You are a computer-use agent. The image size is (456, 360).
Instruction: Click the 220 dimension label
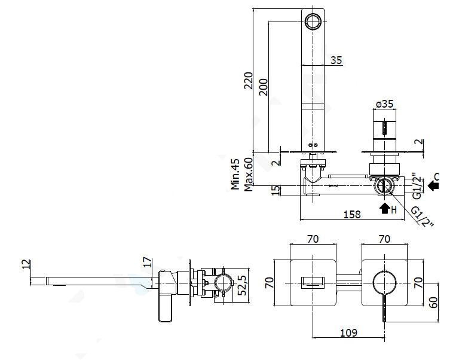(x=249, y=81)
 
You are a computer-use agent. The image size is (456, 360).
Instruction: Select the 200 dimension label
(x=264, y=87)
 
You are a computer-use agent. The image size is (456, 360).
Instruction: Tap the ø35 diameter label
(x=384, y=104)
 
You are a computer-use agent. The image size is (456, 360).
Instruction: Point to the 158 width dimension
(x=352, y=215)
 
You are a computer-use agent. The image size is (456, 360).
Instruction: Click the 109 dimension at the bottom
(x=348, y=332)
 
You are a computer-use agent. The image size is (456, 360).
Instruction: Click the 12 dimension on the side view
(x=26, y=264)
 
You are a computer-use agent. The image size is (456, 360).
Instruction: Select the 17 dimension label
(x=148, y=262)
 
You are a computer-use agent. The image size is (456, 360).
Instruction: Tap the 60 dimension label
(x=433, y=303)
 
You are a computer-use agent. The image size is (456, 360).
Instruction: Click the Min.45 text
(x=235, y=174)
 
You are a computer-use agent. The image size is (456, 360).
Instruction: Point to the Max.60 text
(x=249, y=175)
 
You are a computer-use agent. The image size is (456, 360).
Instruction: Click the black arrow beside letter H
(x=385, y=208)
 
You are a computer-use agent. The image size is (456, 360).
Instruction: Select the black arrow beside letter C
(x=433, y=185)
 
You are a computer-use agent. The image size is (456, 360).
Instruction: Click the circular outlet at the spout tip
(x=313, y=21)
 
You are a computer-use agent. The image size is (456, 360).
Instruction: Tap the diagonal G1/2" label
(x=422, y=216)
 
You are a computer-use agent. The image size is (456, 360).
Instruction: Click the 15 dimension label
(x=276, y=190)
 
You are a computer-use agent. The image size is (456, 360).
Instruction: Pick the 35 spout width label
(x=336, y=60)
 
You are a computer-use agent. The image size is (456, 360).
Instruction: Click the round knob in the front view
(x=384, y=282)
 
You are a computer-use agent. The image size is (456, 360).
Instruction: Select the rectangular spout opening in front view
(x=313, y=282)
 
